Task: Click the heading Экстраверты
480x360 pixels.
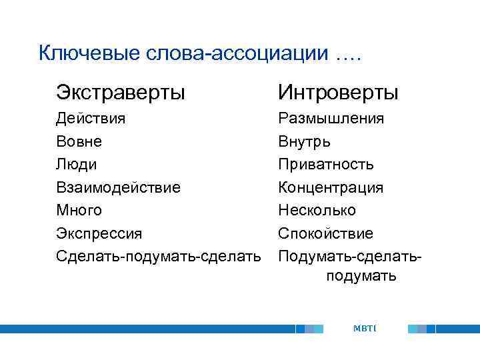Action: (121, 91)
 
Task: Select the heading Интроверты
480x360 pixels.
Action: (338, 91)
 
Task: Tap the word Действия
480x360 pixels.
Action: (91, 119)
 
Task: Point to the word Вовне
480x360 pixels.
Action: (79, 142)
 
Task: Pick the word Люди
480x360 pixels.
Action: (77, 165)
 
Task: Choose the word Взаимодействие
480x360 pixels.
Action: (118, 187)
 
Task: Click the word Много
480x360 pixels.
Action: (79, 211)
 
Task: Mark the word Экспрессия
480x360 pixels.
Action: (99, 234)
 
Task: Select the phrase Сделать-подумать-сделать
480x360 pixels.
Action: (159, 256)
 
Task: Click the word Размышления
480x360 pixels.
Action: (331, 119)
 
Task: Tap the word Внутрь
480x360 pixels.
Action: (304, 142)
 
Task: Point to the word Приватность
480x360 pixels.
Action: (326, 165)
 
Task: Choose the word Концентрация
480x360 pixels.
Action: (331, 187)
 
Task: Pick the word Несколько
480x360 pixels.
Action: (317, 211)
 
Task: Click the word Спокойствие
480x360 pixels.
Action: (326, 234)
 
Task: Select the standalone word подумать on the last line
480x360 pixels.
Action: (361, 276)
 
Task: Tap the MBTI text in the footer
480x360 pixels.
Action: (365, 328)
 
